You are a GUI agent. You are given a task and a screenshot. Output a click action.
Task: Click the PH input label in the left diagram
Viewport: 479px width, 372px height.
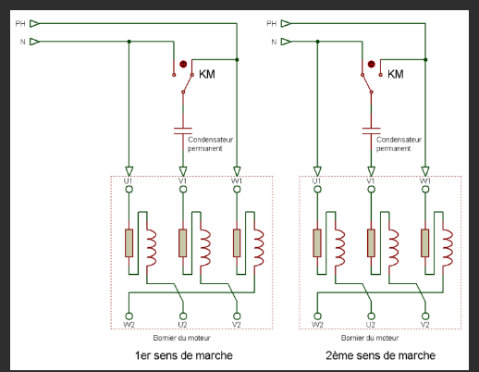pos(18,23)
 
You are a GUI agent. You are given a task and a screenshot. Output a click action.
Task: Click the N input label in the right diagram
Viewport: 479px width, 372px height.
pos(272,42)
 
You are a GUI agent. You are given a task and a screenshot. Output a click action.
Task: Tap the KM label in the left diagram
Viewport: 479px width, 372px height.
pos(208,74)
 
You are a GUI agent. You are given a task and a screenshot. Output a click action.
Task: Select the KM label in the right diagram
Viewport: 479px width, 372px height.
pos(395,74)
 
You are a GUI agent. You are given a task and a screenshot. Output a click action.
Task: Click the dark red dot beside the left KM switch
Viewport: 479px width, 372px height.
pos(183,65)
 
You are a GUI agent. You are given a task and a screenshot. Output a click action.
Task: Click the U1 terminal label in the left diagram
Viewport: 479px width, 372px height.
pos(129,180)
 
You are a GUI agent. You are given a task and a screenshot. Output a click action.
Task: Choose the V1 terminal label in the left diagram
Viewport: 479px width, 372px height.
pos(182,180)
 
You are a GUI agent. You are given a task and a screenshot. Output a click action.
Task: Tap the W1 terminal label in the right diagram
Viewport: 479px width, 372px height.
pos(424,180)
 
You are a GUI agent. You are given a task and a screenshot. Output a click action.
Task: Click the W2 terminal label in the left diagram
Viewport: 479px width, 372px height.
pos(129,325)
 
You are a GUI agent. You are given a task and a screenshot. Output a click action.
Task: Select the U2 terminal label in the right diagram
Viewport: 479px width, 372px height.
pos(371,325)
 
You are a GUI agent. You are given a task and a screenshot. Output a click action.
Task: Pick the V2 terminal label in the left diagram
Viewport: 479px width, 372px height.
pos(237,325)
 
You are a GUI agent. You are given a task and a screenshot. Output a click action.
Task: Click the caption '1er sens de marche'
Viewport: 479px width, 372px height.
pos(182,355)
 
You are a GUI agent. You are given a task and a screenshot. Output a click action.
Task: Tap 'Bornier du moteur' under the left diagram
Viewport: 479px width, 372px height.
pos(182,338)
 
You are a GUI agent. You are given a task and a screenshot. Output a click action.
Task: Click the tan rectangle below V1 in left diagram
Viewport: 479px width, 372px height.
pos(182,242)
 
